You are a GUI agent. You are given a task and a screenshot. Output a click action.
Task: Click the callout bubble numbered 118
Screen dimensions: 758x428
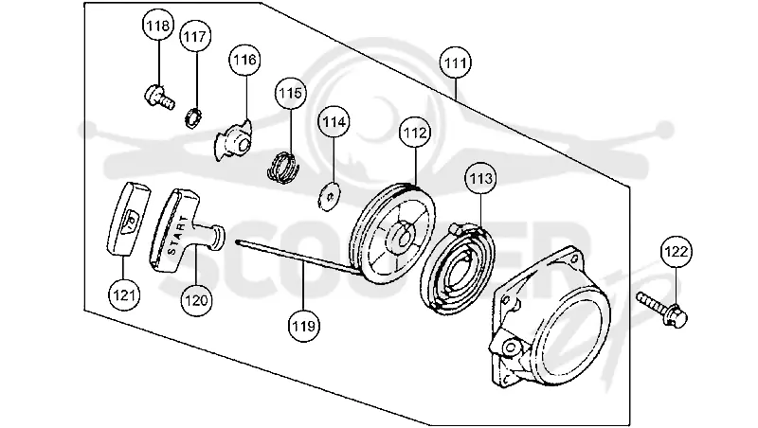(x=158, y=26)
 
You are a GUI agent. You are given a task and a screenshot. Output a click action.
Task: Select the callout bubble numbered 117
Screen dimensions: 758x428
(x=196, y=36)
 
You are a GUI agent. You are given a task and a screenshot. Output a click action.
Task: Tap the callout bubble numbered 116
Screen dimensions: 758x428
(x=244, y=60)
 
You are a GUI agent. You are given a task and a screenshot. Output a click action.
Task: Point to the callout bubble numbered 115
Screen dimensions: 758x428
(x=291, y=92)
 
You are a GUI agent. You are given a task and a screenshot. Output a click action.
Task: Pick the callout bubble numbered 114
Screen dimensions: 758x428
(x=334, y=122)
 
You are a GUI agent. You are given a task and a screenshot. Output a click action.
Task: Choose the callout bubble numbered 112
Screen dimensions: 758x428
(x=416, y=133)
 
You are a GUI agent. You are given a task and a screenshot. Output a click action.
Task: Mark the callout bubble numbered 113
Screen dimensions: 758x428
(x=481, y=179)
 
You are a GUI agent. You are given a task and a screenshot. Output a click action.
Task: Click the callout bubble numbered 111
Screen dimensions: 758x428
(x=456, y=62)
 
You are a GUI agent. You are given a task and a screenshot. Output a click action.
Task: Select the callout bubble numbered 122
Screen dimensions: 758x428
(x=677, y=252)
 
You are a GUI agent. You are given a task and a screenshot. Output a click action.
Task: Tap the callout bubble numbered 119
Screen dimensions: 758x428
(x=303, y=326)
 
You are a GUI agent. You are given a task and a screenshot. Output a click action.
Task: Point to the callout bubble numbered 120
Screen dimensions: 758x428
(x=196, y=300)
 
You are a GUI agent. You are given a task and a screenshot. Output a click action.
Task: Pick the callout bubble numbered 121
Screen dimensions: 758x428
(x=124, y=294)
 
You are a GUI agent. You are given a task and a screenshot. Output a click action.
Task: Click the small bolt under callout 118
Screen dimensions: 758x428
(x=158, y=97)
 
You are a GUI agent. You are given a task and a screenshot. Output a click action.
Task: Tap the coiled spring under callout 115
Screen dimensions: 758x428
(x=283, y=168)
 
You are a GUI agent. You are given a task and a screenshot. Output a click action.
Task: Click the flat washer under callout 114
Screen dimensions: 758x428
(x=329, y=196)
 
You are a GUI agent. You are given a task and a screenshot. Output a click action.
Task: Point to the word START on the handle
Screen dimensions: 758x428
(x=177, y=236)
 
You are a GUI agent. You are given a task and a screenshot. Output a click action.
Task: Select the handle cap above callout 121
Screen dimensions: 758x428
(x=128, y=218)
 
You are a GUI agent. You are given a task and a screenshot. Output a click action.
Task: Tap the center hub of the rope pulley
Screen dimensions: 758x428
(x=402, y=234)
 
